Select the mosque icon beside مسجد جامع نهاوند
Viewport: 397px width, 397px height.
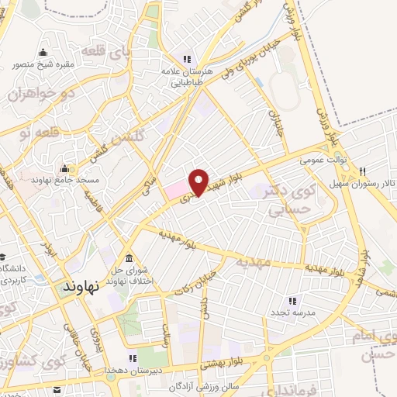tap(64, 168)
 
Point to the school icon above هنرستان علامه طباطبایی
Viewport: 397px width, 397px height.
tap(185, 58)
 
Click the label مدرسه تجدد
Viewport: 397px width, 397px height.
tap(292, 311)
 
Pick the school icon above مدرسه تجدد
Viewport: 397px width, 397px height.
tap(292, 299)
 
